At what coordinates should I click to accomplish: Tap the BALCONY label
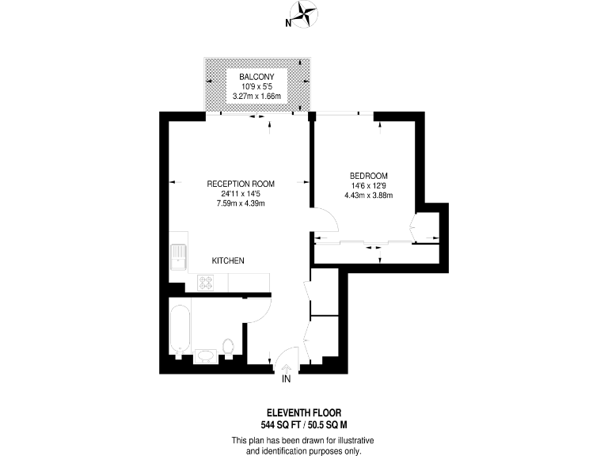pos(258,77)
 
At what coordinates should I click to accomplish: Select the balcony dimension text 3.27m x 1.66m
pos(258,97)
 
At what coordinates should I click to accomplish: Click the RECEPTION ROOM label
pos(240,183)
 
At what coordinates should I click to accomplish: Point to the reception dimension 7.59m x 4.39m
pos(240,203)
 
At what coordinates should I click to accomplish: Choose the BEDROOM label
pos(368,175)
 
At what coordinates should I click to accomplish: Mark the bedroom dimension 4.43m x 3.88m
pos(368,196)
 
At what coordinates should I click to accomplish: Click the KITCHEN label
pos(228,260)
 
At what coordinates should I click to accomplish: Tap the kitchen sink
pos(179,258)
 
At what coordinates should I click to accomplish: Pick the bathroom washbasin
pos(204,355)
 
